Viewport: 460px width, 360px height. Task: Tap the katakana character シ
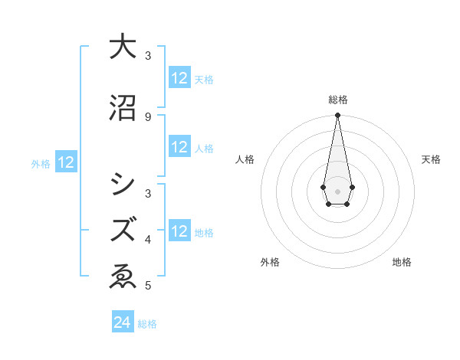coord(123,185)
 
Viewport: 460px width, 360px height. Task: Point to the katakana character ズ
coord(123,229)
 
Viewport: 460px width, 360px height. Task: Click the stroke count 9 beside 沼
coord(148,116)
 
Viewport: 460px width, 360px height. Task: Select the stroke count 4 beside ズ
coord(148,240)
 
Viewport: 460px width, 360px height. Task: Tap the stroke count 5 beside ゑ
coord(148,286)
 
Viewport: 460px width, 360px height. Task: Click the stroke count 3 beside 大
coord(148,56)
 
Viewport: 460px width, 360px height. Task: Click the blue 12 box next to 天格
coord(179,78)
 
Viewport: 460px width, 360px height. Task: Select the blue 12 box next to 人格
coord(179,147)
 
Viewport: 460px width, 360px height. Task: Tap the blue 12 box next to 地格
coord(179,231)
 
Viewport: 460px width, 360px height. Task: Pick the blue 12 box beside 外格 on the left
coord(65,162)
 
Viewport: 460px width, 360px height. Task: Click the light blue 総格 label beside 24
coord(147,324)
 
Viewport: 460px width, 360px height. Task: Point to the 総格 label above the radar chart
coord(337,100)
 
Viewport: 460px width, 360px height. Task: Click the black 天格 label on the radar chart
coord(431,159)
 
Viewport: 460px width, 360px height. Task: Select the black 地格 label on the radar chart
coord(402,262)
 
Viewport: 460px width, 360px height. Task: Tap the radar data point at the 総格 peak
coord(337,116)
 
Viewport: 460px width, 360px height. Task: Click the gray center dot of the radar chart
coord(337,190)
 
